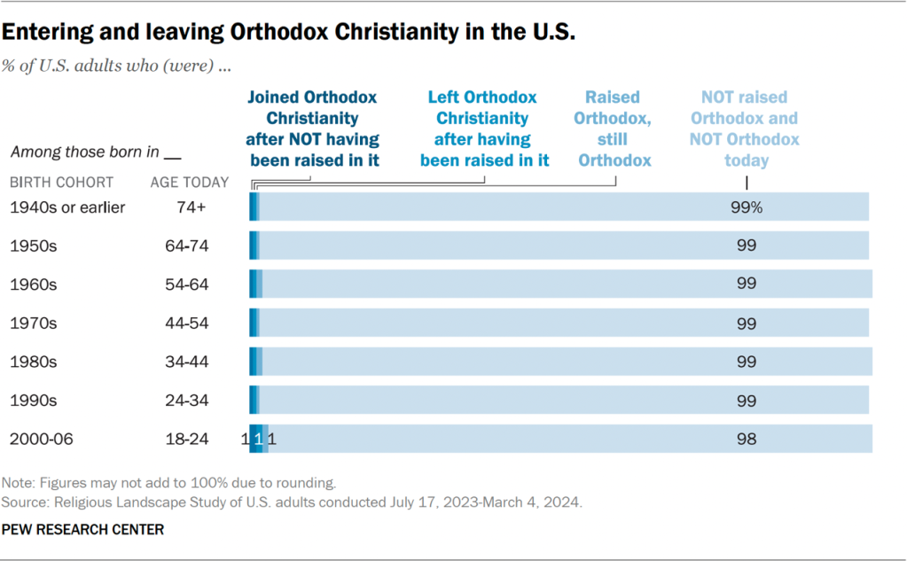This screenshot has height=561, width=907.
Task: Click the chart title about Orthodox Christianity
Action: pyautogui.click(x=289, y=34)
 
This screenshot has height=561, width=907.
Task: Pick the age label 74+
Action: pyautogui.click(x=186, y=207)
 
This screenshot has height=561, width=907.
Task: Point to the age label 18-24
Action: pyautogui.click(x=186, y=439)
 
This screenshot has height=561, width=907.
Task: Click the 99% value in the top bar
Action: pyautogui.click(x=747, y=207)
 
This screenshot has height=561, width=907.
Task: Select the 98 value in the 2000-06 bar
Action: pyautogui.click(x=747, y=439)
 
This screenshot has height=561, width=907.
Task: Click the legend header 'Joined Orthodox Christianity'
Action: pyautogui.click(x=312, y=129)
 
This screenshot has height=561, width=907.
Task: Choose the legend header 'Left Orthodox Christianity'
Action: pyautogui.click(x=483, y=129)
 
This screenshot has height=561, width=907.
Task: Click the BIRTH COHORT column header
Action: pyautogui.click(x=61, y=183)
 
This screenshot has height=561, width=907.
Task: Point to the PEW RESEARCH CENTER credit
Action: pyautogui.click(x=82, y=529)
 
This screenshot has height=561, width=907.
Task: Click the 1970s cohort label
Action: pyautogui.click(x=33, y=323)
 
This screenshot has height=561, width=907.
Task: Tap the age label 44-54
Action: pyautogui.click(x=186, y=323)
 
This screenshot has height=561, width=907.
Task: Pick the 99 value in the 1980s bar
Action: pyautogui.click(x=747, y=362)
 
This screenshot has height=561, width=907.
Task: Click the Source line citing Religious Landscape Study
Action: pyautogui.click(x=292, y=502)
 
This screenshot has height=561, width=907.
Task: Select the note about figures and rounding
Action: pyautogui.click(x=169, y=484)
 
